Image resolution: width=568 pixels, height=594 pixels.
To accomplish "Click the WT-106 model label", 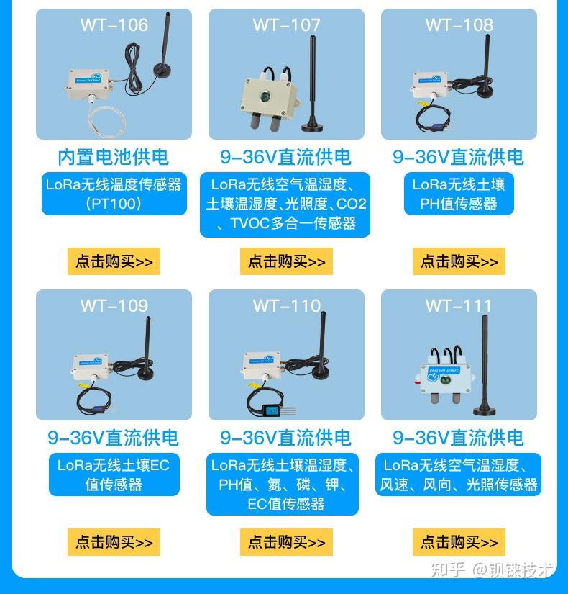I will tap(114, 25).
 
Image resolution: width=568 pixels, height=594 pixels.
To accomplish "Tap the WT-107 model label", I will tap(286, 25).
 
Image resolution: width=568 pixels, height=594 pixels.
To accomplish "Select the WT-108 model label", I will tap(459, 25).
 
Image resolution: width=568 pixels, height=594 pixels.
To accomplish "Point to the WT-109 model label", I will tap(114, 305).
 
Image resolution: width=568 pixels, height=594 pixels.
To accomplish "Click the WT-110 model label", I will tap(286, 305).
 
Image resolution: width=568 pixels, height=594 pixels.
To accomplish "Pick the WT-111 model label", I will tap(459, 305).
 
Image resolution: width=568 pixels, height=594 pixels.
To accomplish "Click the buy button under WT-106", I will tap(114, 261).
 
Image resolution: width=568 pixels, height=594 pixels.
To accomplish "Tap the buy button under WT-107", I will tap(286, 261).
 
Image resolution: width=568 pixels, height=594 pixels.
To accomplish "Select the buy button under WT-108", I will tap(459, 261).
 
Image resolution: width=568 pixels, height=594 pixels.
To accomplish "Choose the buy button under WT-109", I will tap(114, 542).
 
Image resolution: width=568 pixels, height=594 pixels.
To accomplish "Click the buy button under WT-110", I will tap(286, 542).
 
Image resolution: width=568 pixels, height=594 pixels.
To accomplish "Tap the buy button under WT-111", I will tap(459, 542).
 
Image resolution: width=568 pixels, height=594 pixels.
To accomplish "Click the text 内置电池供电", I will tap(114, 157).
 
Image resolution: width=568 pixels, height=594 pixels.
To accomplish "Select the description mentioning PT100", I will tap(114, 194).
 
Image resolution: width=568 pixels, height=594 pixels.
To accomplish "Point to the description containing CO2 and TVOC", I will tap(285, 204).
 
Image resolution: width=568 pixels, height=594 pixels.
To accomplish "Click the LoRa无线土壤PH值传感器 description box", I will tap(459, 194).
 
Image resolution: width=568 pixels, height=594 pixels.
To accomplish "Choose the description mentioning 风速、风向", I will tap(459, 474).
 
